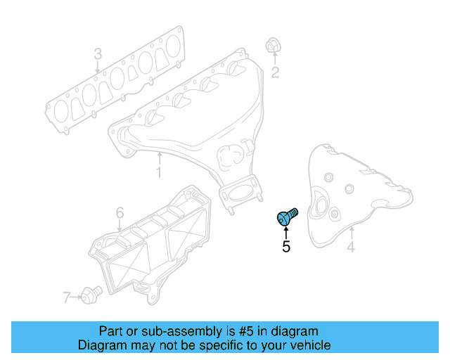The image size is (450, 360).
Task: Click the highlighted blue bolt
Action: pos(287,217)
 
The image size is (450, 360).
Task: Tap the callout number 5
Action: pos(286,247)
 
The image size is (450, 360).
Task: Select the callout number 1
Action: pos(159,172)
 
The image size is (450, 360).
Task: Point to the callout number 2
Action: pos(276,72)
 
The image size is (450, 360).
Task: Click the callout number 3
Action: pos(98,53)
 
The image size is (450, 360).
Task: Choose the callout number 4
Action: pos(350,247)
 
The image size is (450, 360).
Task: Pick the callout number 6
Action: pos(120,212)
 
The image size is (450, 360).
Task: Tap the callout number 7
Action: pos(67,297)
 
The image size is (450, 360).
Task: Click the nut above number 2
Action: pos(274,46)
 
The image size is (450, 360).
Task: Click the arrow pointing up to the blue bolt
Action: pos(286,233)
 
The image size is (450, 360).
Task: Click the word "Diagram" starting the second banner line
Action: pos(101,345)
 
